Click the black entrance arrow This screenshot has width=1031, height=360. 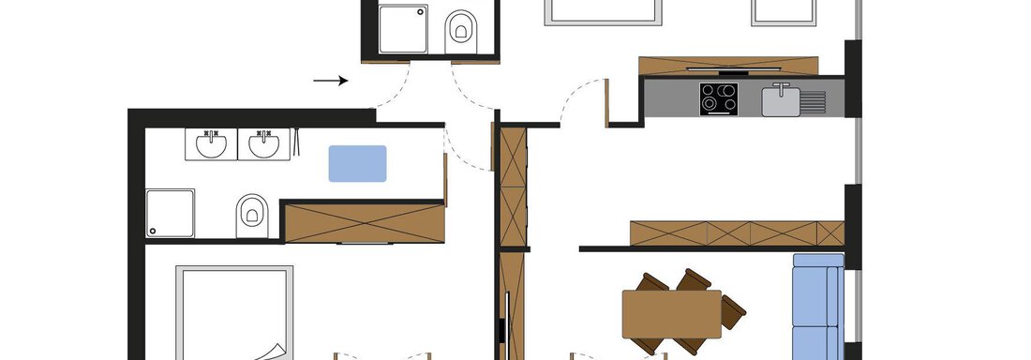[330, 81]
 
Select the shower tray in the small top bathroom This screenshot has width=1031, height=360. [403, 28]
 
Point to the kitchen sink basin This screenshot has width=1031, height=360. [780, 99]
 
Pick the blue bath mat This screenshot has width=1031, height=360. [357, 163]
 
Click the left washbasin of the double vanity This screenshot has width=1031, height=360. [211, 145]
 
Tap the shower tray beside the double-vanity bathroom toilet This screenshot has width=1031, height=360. [171, 214]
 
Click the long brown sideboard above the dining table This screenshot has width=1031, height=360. [737, 232]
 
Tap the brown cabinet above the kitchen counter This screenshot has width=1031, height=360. [727, 65]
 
